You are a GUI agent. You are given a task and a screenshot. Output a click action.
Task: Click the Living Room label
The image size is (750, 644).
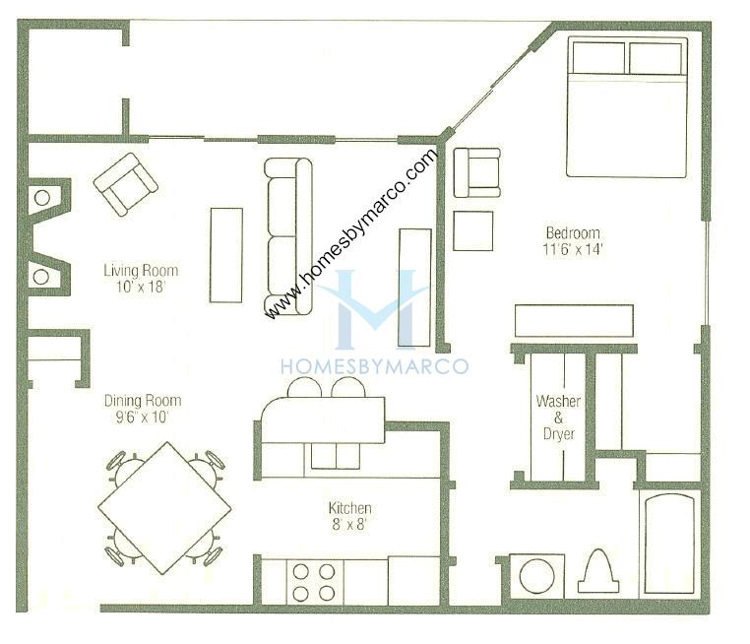coord(141,271)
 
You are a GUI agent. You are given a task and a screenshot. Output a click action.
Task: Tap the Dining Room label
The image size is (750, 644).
coord(143,401)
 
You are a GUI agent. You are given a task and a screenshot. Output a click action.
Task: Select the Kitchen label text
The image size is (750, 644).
coord(349,508)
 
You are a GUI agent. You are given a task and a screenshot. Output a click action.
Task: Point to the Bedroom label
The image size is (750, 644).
coord(573,233)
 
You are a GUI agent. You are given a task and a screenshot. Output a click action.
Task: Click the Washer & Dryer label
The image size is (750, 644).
coord(558,418)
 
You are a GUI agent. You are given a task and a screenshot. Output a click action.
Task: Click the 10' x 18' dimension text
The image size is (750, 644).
coord(141,287)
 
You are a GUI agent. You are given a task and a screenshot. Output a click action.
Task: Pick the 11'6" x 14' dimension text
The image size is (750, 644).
coord(573,249)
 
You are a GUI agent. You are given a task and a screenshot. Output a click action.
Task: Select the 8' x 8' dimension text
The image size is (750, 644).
coord(349,525)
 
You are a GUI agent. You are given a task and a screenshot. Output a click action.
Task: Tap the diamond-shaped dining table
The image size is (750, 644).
coord(164,508)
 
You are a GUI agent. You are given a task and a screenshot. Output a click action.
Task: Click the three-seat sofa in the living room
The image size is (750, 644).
coord(288,236)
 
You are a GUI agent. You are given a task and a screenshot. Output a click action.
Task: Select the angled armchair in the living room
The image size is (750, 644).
coord(125,184)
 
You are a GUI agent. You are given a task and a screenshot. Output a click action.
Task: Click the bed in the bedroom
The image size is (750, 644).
coord(628,106)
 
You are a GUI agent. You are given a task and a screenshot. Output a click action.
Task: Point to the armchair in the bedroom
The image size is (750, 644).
coord(477,172)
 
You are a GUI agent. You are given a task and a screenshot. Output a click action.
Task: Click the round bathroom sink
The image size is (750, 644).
coord(536,576)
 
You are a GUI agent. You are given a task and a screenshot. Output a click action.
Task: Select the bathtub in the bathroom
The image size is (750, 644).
coord(669,544)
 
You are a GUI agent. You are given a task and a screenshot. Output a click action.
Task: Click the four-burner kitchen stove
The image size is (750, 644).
coord(314,582)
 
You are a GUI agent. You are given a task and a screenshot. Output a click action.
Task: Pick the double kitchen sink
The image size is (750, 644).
coord(336,456)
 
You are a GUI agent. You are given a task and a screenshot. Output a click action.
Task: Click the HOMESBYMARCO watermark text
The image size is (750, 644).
coord(374,366)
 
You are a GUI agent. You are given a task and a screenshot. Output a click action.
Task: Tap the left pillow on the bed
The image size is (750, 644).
coord(598,58)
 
